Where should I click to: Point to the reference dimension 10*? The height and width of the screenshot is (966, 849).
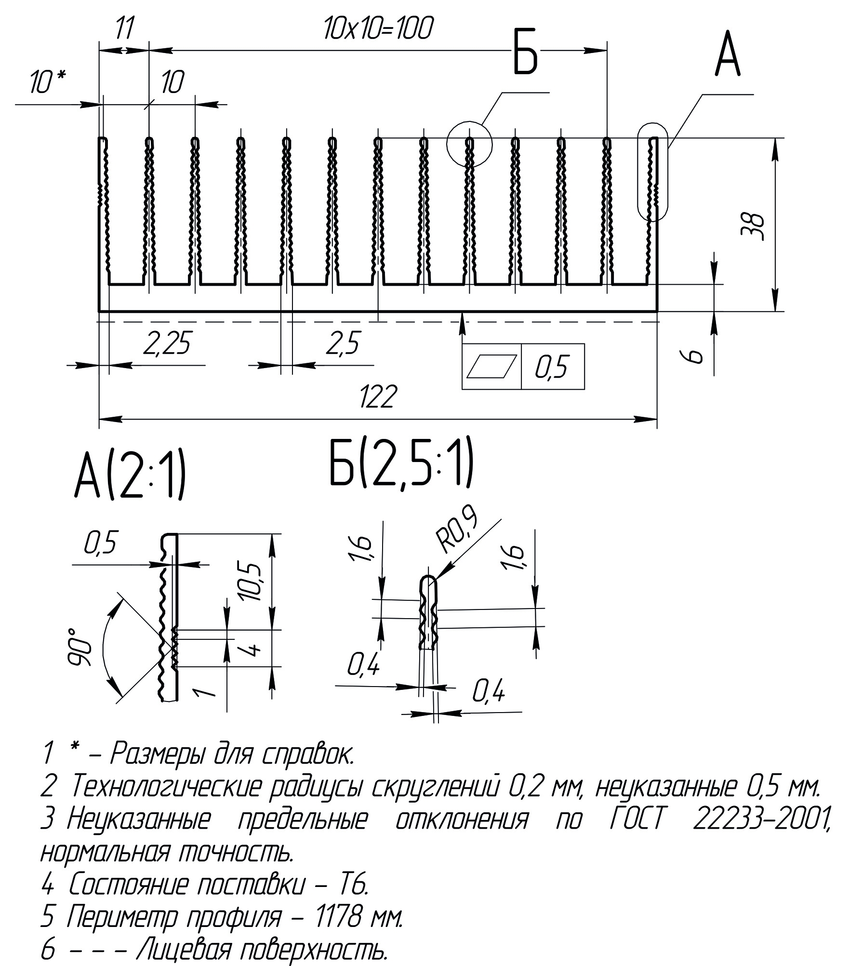(x=48, y=82)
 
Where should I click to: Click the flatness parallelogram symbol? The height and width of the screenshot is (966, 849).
(x=491, y=367)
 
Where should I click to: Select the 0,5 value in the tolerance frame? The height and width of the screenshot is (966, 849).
(x=552, y=367)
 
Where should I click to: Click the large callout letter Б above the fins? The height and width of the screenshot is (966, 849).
(x=525, y=53)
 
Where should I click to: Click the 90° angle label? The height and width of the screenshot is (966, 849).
(x=79, y=647)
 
